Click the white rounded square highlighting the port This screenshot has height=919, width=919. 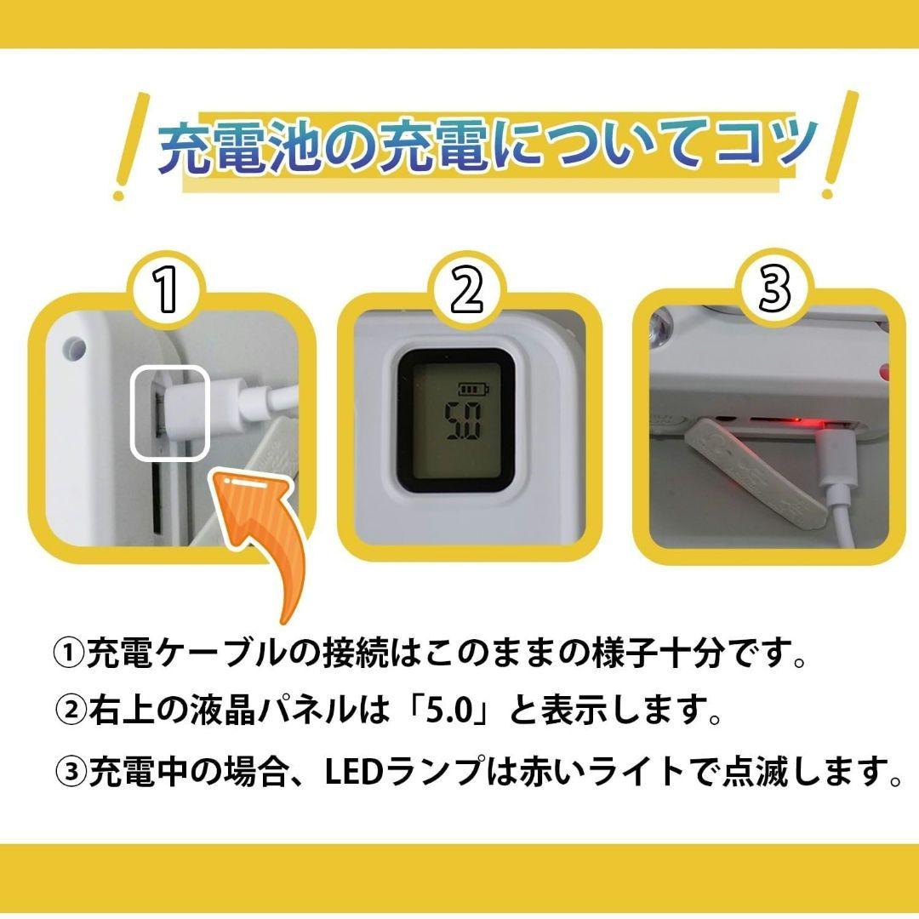(168, 409)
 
